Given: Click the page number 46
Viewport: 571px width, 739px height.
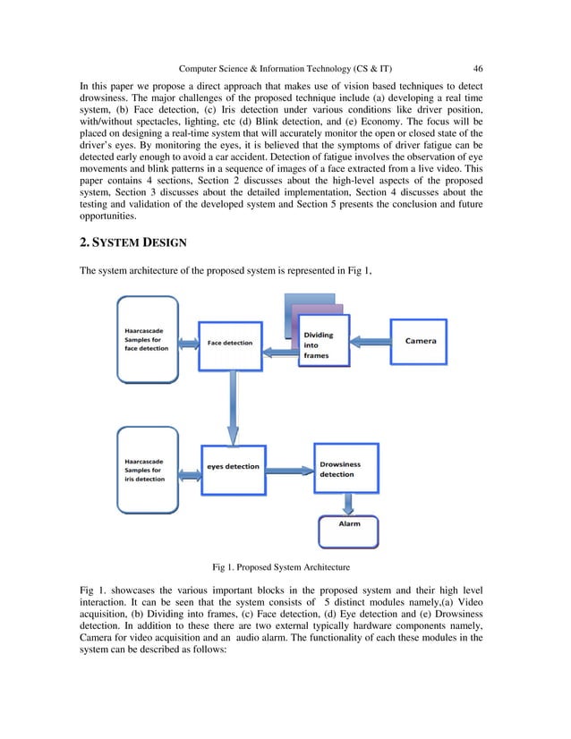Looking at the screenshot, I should coord(478,68).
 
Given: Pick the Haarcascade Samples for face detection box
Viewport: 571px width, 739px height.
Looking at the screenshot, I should coord(148,343).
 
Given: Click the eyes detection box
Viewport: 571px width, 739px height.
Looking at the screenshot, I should coord(233,466).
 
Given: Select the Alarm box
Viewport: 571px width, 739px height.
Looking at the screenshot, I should coord(348,523).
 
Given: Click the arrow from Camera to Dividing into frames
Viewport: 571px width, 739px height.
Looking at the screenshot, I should coord(367,341).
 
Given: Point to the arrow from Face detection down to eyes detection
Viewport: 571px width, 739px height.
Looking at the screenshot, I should coord(233,407).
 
